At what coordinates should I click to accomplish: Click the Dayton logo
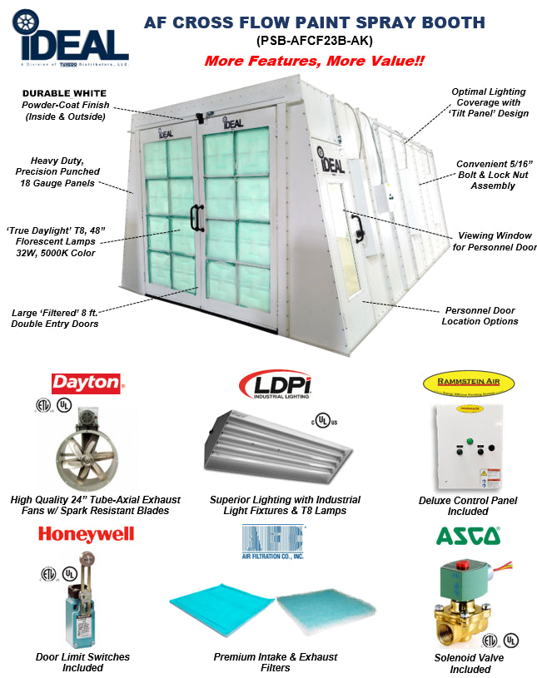pyautogui.click(x=87, y=382)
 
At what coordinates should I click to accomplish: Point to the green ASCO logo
pyautogui.click(x=469, y=537)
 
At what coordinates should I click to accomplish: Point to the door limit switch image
pyautogui.click(x=82, y=602)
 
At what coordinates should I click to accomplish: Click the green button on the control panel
pyautogui.click(x=469, y=443)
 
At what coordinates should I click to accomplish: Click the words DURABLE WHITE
pyautogui.click(x=64, y=93)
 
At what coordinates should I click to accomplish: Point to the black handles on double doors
pyautogui.click(x=197, y=217)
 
